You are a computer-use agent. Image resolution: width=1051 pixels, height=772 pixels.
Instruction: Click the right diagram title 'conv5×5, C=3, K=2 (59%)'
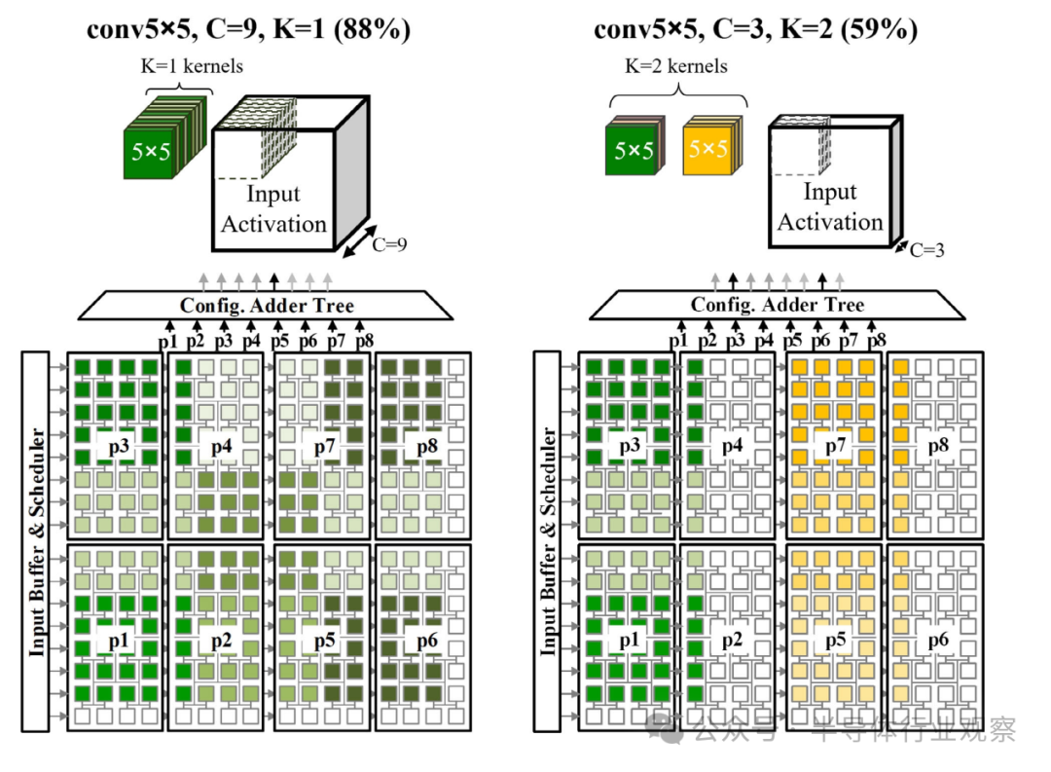(x=755, y=30)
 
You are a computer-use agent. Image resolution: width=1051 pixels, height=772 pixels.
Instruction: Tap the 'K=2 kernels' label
(x=677, y=67)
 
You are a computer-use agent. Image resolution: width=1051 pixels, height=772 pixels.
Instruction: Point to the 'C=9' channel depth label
(x=389, y=245)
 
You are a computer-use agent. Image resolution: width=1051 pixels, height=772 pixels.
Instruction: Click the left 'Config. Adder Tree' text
(x=267, y=306)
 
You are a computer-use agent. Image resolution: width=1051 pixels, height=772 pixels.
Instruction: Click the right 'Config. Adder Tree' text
(x=777, y=305)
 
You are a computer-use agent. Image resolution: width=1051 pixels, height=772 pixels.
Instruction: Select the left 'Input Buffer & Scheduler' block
(x=37, y=540)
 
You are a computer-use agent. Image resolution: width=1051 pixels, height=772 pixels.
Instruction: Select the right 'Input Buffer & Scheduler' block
(x=549, y=540)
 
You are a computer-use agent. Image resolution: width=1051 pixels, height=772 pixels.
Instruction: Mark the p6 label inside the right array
(x=937, y=640)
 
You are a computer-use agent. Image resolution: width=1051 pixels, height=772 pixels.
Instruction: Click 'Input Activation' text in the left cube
(x=273, y=208)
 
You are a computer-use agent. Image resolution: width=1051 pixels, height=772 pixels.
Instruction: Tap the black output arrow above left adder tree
(x=274, y=280)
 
